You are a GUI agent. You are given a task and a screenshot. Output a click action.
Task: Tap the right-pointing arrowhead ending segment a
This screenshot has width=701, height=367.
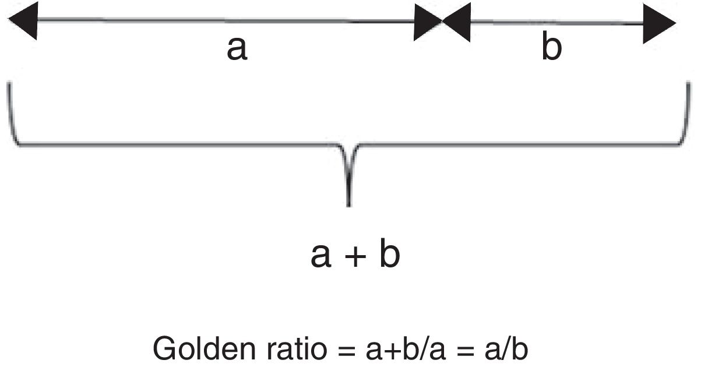click(427, 23)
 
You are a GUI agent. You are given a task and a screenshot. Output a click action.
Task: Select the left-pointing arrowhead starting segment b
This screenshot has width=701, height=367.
click(456, 24)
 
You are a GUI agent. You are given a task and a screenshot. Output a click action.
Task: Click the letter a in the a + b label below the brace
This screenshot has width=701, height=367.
click(320, 257)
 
